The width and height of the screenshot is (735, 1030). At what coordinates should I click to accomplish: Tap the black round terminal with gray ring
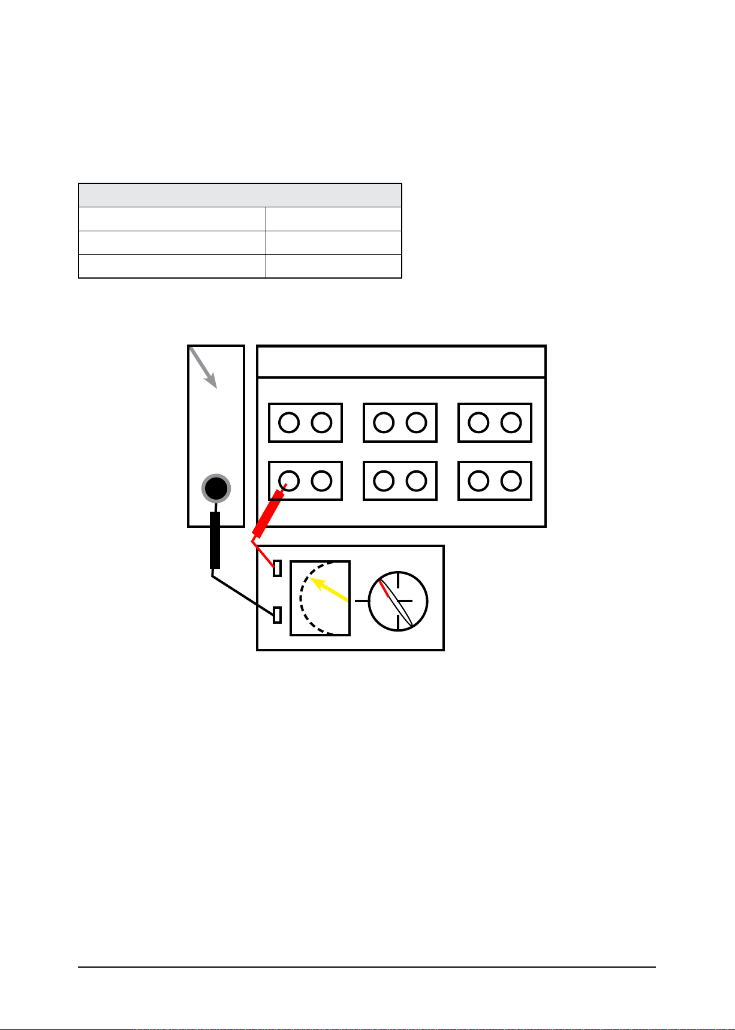(x=216, y=488)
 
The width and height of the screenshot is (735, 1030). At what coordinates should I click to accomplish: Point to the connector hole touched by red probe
(x=290, y=481)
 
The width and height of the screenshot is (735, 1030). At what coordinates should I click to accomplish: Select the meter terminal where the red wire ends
(x=277, y=567)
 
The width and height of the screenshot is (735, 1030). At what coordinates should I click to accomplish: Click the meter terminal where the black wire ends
(x=277, y=615)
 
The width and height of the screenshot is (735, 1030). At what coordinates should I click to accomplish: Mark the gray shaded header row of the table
(x=240, y=195)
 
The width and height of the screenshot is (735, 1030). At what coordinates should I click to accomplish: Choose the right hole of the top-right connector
(x=511, y=422)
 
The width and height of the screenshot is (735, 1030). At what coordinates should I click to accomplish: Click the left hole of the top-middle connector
(x=384, y=422)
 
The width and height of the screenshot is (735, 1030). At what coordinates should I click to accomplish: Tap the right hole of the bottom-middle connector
(x=416, y=481)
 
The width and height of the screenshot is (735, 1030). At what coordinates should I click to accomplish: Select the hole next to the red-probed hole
(x=322, y=481)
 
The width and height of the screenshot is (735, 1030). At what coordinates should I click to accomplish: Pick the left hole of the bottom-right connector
(x=478, y=481)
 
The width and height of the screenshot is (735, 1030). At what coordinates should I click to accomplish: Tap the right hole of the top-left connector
(x=322, y=422)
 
